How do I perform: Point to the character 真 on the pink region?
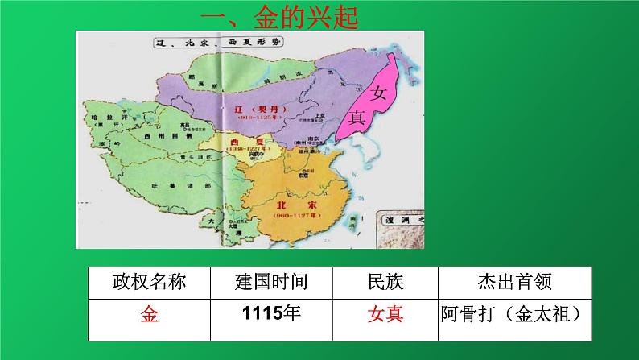[359, 117]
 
